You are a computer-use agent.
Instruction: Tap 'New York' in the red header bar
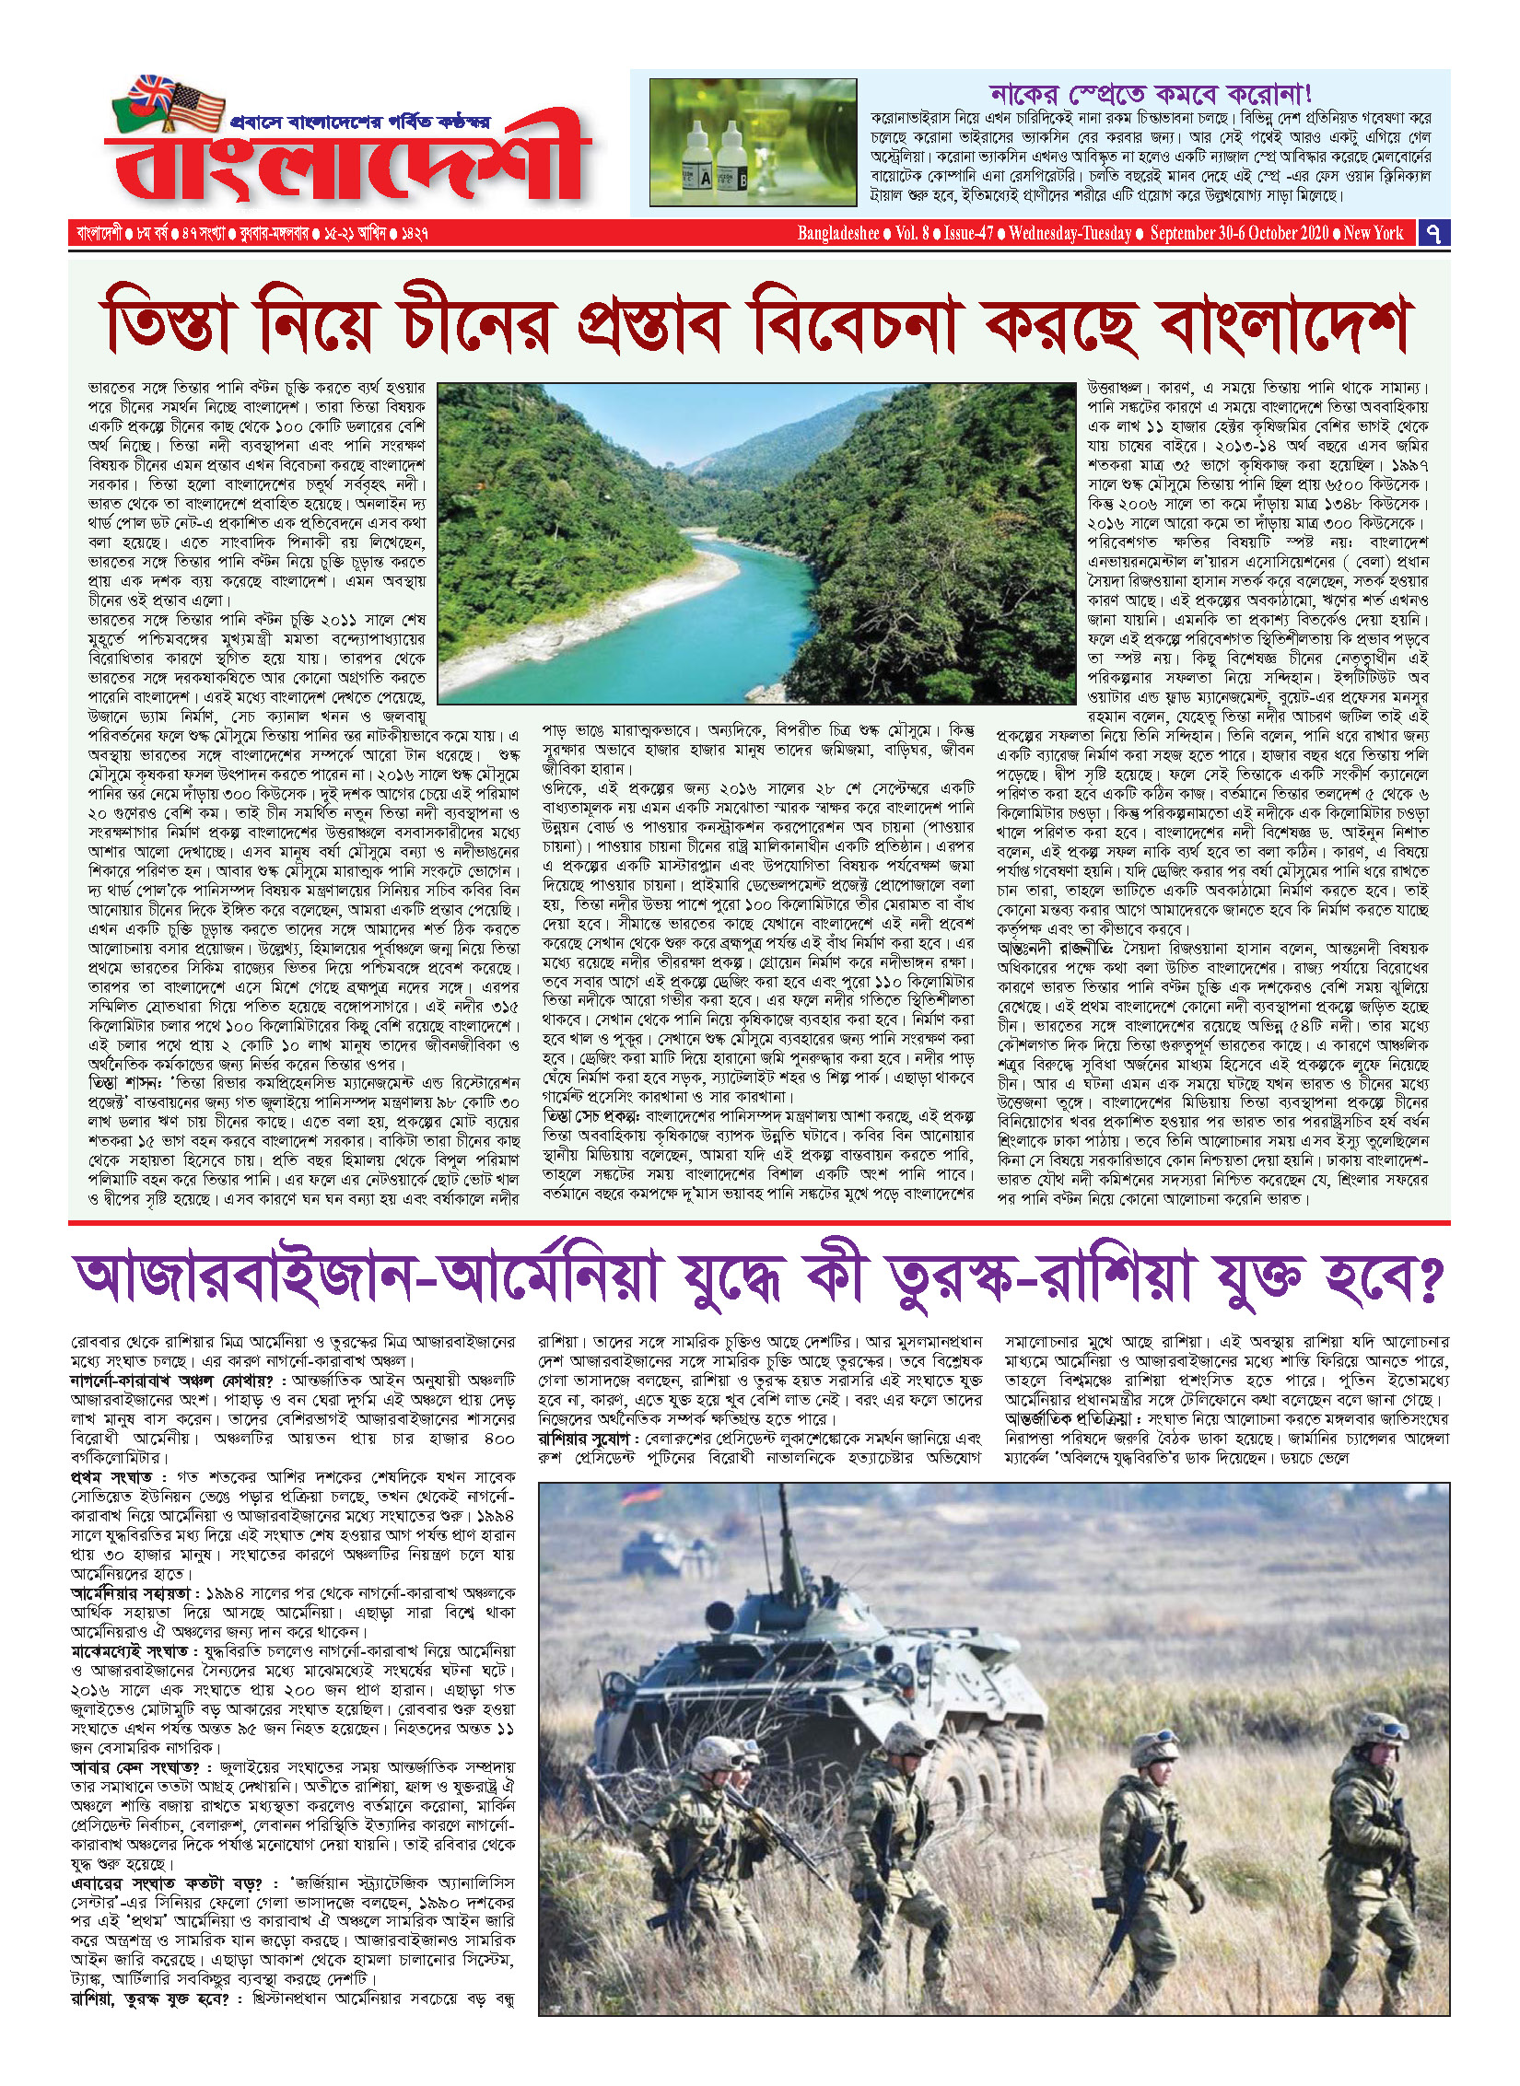coord(1373,233)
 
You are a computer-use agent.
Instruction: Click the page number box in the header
coord(1432,233)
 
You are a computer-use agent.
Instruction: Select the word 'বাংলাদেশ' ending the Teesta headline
coord(1285,322)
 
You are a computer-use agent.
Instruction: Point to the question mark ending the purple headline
coord(1426,1278)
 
